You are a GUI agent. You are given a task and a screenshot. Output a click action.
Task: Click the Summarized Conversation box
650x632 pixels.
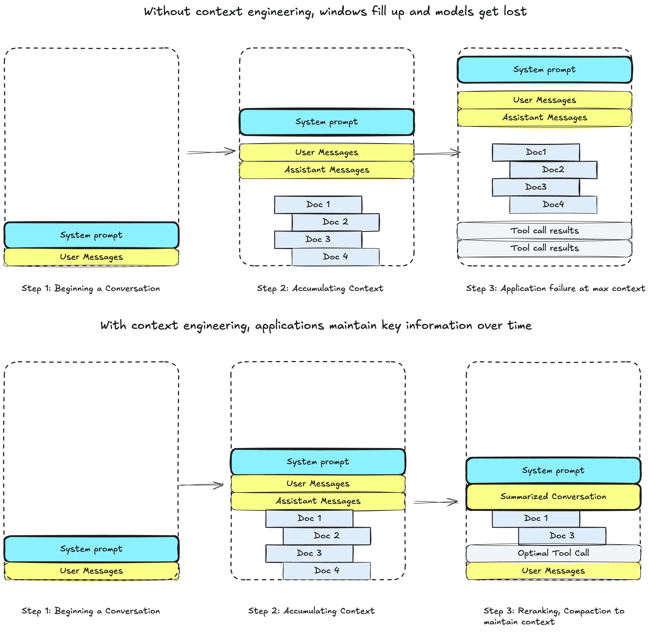pos(553,497)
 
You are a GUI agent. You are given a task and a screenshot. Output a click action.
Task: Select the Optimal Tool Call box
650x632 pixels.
pos(553,553)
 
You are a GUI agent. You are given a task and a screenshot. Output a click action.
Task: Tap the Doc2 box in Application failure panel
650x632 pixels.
pos(553,170)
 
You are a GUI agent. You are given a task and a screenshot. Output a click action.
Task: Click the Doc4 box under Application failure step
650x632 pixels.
pos(553,204)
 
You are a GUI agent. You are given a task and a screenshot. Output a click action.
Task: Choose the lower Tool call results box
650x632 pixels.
pos(544,248)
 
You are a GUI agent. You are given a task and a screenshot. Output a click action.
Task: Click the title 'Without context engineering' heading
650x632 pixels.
pos(335,12)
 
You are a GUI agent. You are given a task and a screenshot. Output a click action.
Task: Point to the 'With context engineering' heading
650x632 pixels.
pos(316,325)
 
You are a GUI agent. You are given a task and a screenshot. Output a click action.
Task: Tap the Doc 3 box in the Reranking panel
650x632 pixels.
pos(562,535)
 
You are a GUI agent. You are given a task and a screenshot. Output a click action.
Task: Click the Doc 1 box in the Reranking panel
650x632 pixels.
pos(536,518)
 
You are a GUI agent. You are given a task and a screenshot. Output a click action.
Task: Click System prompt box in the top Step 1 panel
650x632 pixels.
pos(91,235)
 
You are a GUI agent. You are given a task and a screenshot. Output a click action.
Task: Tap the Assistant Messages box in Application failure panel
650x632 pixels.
pos(544,117)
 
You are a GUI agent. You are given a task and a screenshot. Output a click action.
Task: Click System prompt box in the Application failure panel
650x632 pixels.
pos(544,70)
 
